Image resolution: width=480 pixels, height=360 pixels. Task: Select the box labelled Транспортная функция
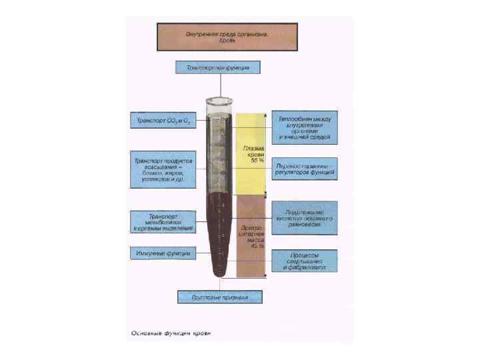tap(218, 67)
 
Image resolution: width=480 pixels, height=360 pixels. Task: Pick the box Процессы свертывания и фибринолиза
tap(304, 261)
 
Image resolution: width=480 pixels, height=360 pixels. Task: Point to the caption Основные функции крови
tap(169, 332)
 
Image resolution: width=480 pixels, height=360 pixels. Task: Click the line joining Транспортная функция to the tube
tap(219, 85)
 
